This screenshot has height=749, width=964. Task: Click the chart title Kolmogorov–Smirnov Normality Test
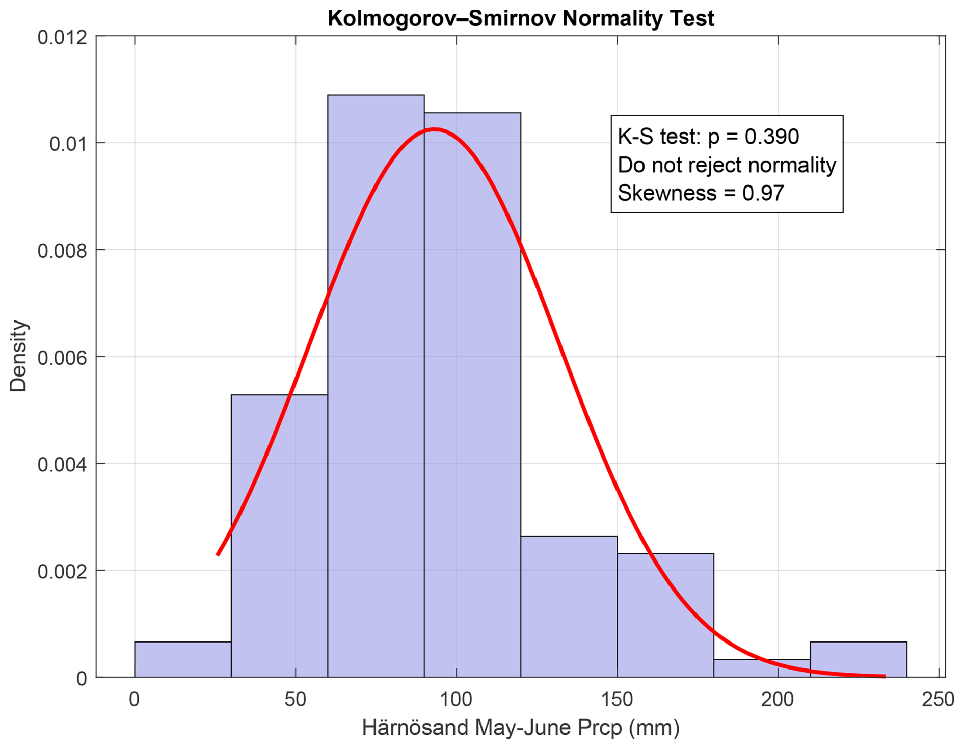pyautogui.click(x=520, y=19)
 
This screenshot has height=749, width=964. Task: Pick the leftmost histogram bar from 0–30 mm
pyautogui.click(x=182, y=659)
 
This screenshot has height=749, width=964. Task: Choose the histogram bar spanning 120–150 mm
pyautogui.click(x=569, y=606)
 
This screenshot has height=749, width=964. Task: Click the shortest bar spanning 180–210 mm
pyautogui.click(x=762, y=668)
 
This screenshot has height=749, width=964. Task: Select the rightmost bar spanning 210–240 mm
pyautogui.click(x=858, y=659)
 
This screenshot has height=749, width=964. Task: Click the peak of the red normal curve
pyautogui.click(x=434, y=129)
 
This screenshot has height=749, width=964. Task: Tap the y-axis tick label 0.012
pyautogui.click(x=62, y=37)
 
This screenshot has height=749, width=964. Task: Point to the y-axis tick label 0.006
pyautogui.click(x=62, y=358)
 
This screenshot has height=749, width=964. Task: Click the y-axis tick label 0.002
pyautogui.click(x=62, y=571)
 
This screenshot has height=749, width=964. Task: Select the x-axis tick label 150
pyautogui.click(x=617, y=699)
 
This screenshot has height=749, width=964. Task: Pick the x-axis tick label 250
pyautogui.click(x=938, y=699)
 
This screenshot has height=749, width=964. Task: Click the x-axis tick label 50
pyautogui.click(x=296, y=699)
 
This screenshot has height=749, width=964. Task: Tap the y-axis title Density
pyautogui.click(x=18, y=356)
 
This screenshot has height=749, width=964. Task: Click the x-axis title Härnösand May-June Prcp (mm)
pyautogui.click(x=520, y=728)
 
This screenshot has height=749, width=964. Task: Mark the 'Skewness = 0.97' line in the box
pyautogui.click(x=701, y=193)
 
